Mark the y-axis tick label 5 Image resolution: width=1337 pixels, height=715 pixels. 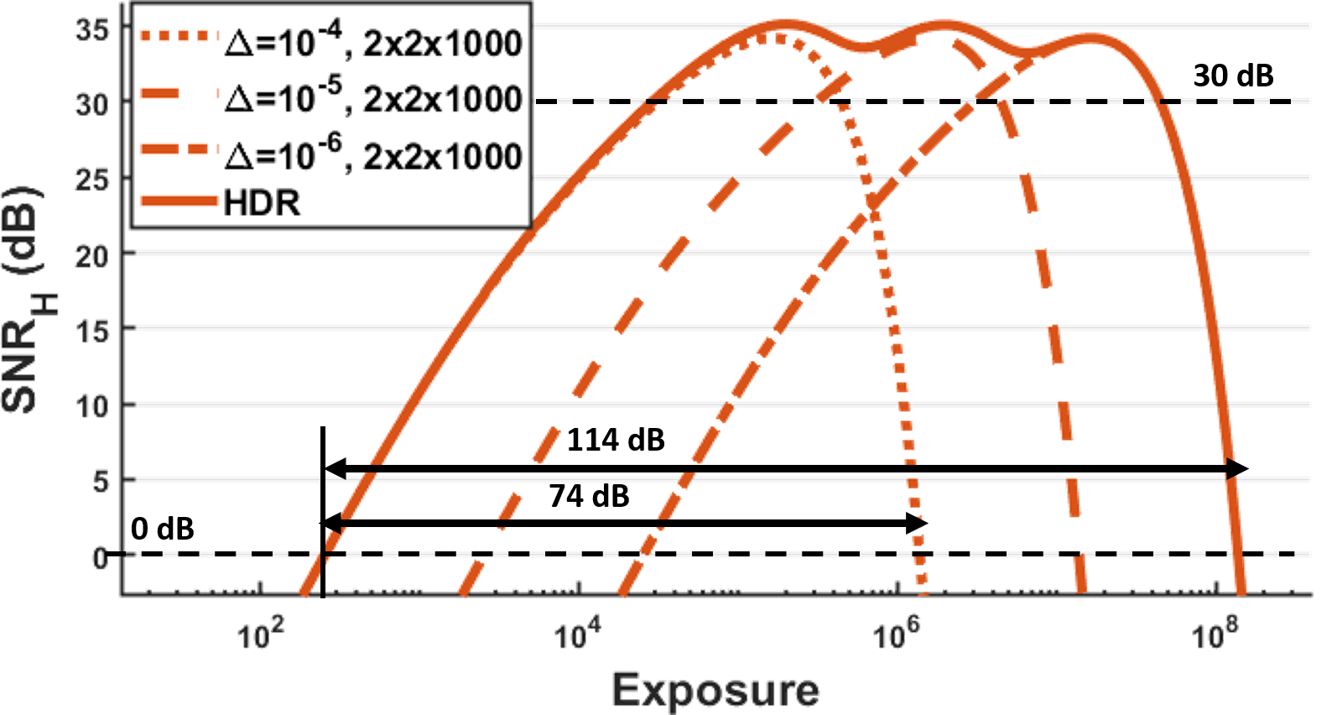click(100, 482)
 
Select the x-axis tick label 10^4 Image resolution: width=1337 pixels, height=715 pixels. click(575, 635)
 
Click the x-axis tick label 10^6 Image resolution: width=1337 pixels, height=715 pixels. click(892, 635)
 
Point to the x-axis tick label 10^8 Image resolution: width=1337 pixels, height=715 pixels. click(1211, 635)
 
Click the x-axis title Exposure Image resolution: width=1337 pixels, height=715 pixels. click(715, 691)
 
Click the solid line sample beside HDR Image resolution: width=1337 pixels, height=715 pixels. click(179, 203)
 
